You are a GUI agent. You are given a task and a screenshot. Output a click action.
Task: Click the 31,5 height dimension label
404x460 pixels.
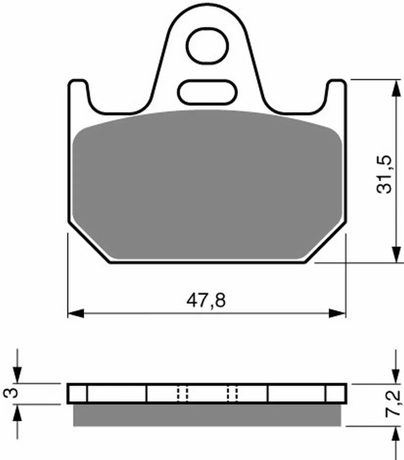[x=384, y=174]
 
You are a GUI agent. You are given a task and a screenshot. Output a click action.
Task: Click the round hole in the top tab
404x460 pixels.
[x=207, y=45]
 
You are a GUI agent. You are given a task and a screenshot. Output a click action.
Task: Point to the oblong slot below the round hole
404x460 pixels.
[x=207, y=92]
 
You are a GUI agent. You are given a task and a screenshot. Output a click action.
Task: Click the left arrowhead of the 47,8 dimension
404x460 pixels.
[x=76, y=313]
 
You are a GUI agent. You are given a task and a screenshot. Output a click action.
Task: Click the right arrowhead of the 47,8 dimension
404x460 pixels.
[x=337, y=313]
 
